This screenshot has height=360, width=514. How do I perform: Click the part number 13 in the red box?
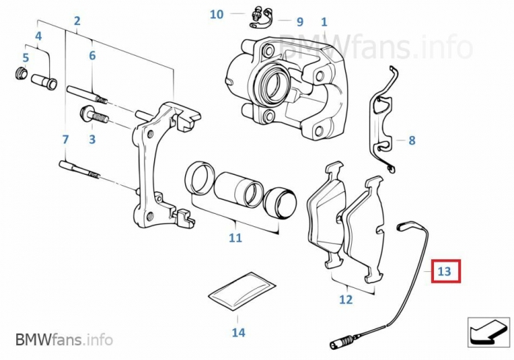tap(444, 272)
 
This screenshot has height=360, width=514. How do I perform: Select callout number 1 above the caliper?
tap(324, 23)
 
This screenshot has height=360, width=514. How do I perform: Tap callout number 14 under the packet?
tap(238, 333)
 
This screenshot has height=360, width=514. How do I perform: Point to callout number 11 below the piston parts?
tap(235, 237)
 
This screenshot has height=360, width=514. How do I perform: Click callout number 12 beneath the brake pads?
tap(346, 299)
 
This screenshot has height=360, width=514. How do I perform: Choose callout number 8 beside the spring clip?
tap(412, 140)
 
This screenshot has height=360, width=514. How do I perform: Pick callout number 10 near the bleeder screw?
tap(217, 14)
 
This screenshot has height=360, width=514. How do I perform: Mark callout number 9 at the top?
tap(300, 22)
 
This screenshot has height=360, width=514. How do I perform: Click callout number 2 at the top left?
tap(77, 21)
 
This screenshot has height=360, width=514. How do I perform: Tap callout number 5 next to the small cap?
tap(26, 57)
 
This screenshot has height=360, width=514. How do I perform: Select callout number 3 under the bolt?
tap(93, 138)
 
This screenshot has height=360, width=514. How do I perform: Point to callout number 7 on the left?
tap(65, 139)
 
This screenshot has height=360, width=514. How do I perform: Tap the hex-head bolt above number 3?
tap(91, 115)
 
